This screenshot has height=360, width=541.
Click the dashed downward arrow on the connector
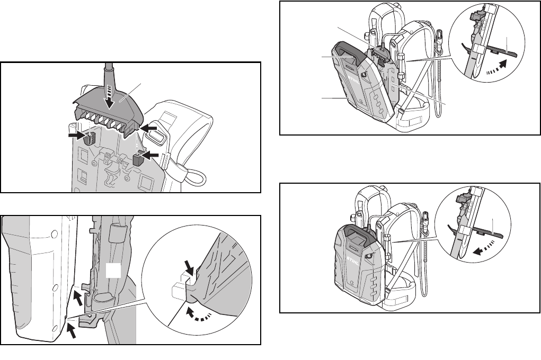[110, 96]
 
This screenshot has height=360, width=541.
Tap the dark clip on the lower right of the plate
[138, 160]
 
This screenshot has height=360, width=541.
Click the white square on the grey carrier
[113, 271]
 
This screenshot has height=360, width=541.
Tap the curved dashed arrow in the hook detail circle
[199, 315]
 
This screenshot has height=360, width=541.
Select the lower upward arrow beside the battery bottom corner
[71, 332]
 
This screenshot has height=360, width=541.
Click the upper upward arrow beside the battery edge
[78, 297]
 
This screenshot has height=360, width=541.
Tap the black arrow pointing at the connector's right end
[149, 128]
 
